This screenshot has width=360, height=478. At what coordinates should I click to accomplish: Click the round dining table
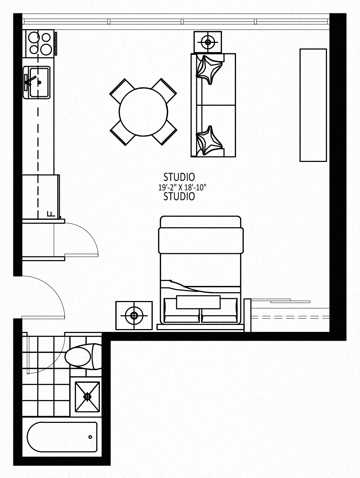[143, 112]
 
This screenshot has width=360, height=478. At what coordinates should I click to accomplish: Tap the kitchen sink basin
[39, 83]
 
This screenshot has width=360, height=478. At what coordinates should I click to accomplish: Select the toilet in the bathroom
[83, 357]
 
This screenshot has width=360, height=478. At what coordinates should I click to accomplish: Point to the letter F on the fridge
[51, 214]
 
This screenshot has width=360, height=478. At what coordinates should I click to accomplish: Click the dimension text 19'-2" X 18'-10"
[182, 187]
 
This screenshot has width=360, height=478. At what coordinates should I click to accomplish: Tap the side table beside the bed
[134, 315]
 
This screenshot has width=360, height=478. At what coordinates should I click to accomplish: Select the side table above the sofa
[208, 42]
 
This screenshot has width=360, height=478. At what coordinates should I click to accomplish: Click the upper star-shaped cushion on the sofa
[209, 70]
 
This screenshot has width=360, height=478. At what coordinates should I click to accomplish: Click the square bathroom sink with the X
[87, 397]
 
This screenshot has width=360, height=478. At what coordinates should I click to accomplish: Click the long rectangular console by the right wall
[313, 105]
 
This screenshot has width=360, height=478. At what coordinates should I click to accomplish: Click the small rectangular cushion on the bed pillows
[198, 302]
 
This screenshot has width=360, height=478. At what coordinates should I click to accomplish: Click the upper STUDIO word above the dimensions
[179, 177]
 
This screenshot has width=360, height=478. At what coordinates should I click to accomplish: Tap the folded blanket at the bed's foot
[201, 241]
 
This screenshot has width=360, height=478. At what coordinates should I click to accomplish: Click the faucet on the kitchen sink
[30, 80]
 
